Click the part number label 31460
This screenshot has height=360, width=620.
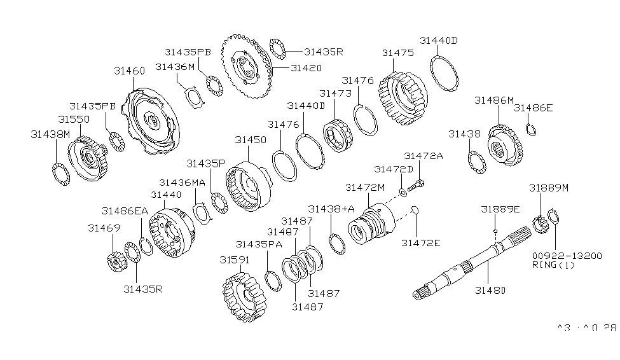[x=129, y=71]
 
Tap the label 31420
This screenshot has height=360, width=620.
[x=306, y=67]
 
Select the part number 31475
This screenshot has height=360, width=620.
[x=397, y=53]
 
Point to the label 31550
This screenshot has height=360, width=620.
[x=74, y=119]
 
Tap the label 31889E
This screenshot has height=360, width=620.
[x=499, y=209]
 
